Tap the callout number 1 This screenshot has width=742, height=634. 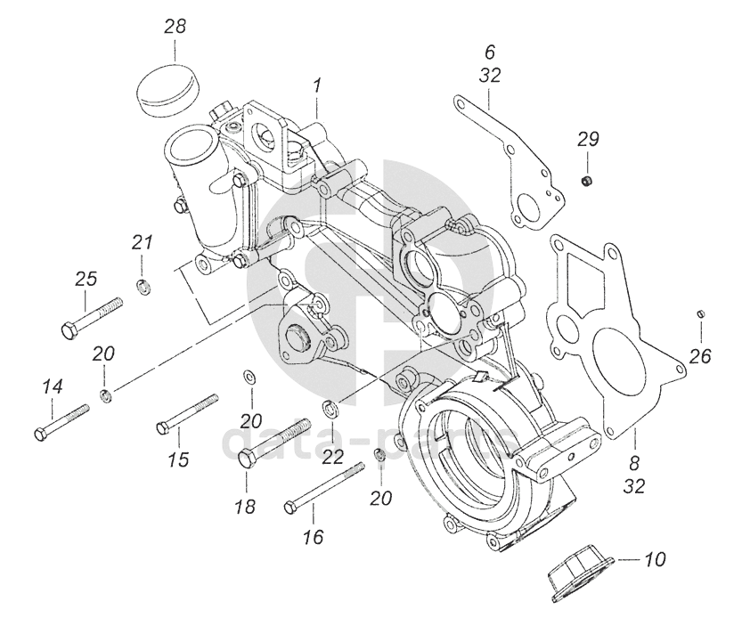tap(316, 86)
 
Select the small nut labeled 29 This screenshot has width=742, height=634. tap(587, 180)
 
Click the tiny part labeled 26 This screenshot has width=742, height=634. tap(701, 313)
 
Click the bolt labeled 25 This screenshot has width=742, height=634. tap(92, 318)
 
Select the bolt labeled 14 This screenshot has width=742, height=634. tap(62, 422)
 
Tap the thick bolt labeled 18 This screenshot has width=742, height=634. tap(274, 443)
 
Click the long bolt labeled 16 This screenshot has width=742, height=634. tap(324, 488)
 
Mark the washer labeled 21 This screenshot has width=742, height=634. tap(141, 286)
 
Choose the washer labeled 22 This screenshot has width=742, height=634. tap(328, 407)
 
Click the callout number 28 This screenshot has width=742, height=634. tap(175, 27)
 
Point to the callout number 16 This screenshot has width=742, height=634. tap(313, 538)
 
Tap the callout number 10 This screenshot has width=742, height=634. tap(655, 559)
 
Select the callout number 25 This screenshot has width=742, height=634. tap(86, 279)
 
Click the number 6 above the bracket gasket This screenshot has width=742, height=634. tap(490, 52)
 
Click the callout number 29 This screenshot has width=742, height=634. tap(588, 139)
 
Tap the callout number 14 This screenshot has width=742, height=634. tap(52, 387)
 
